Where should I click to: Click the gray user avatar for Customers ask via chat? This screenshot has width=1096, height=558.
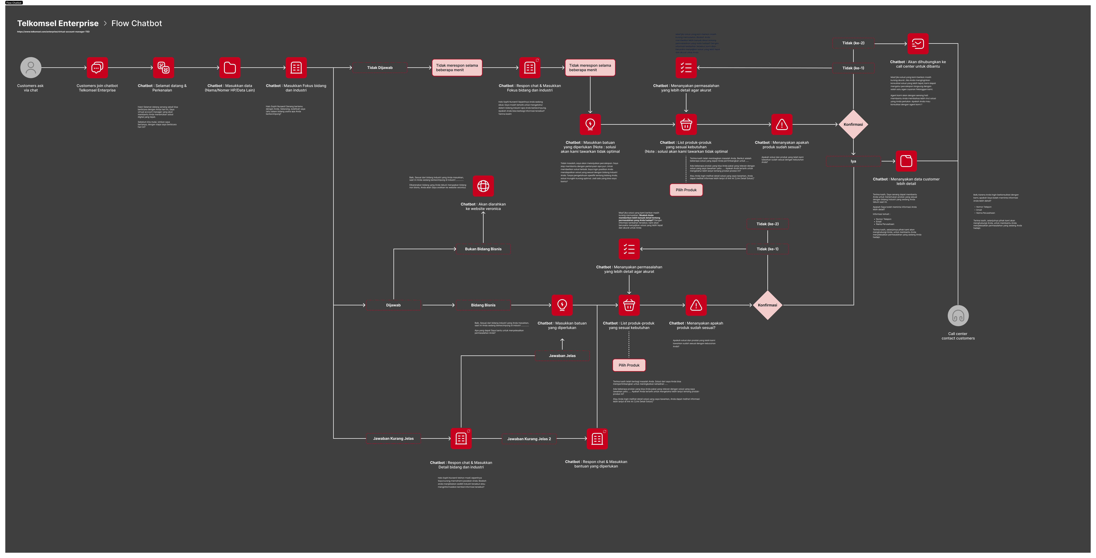31,68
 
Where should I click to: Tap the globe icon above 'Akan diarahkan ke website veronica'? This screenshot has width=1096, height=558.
483,186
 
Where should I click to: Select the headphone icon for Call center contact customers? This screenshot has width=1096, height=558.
958,316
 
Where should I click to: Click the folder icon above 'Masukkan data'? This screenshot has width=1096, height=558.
230,68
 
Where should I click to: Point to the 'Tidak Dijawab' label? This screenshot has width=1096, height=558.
379,68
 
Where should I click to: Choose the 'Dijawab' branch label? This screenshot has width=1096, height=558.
393,305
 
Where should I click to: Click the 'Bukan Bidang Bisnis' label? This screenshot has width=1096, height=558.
483,249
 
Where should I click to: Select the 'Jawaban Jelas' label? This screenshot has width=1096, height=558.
562,356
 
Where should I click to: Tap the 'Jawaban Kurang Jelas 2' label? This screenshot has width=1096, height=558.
529,439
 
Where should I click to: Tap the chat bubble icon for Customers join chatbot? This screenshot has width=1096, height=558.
97,68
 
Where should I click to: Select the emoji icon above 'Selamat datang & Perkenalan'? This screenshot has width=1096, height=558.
163,68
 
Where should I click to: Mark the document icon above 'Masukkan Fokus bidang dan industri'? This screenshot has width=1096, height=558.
296,68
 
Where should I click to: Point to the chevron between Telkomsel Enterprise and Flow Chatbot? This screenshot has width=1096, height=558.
105,23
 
